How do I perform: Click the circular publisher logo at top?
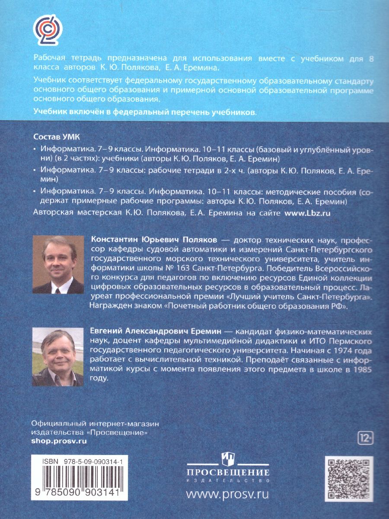pos(48,31)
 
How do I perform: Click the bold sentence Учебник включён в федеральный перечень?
pos(144,112)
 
